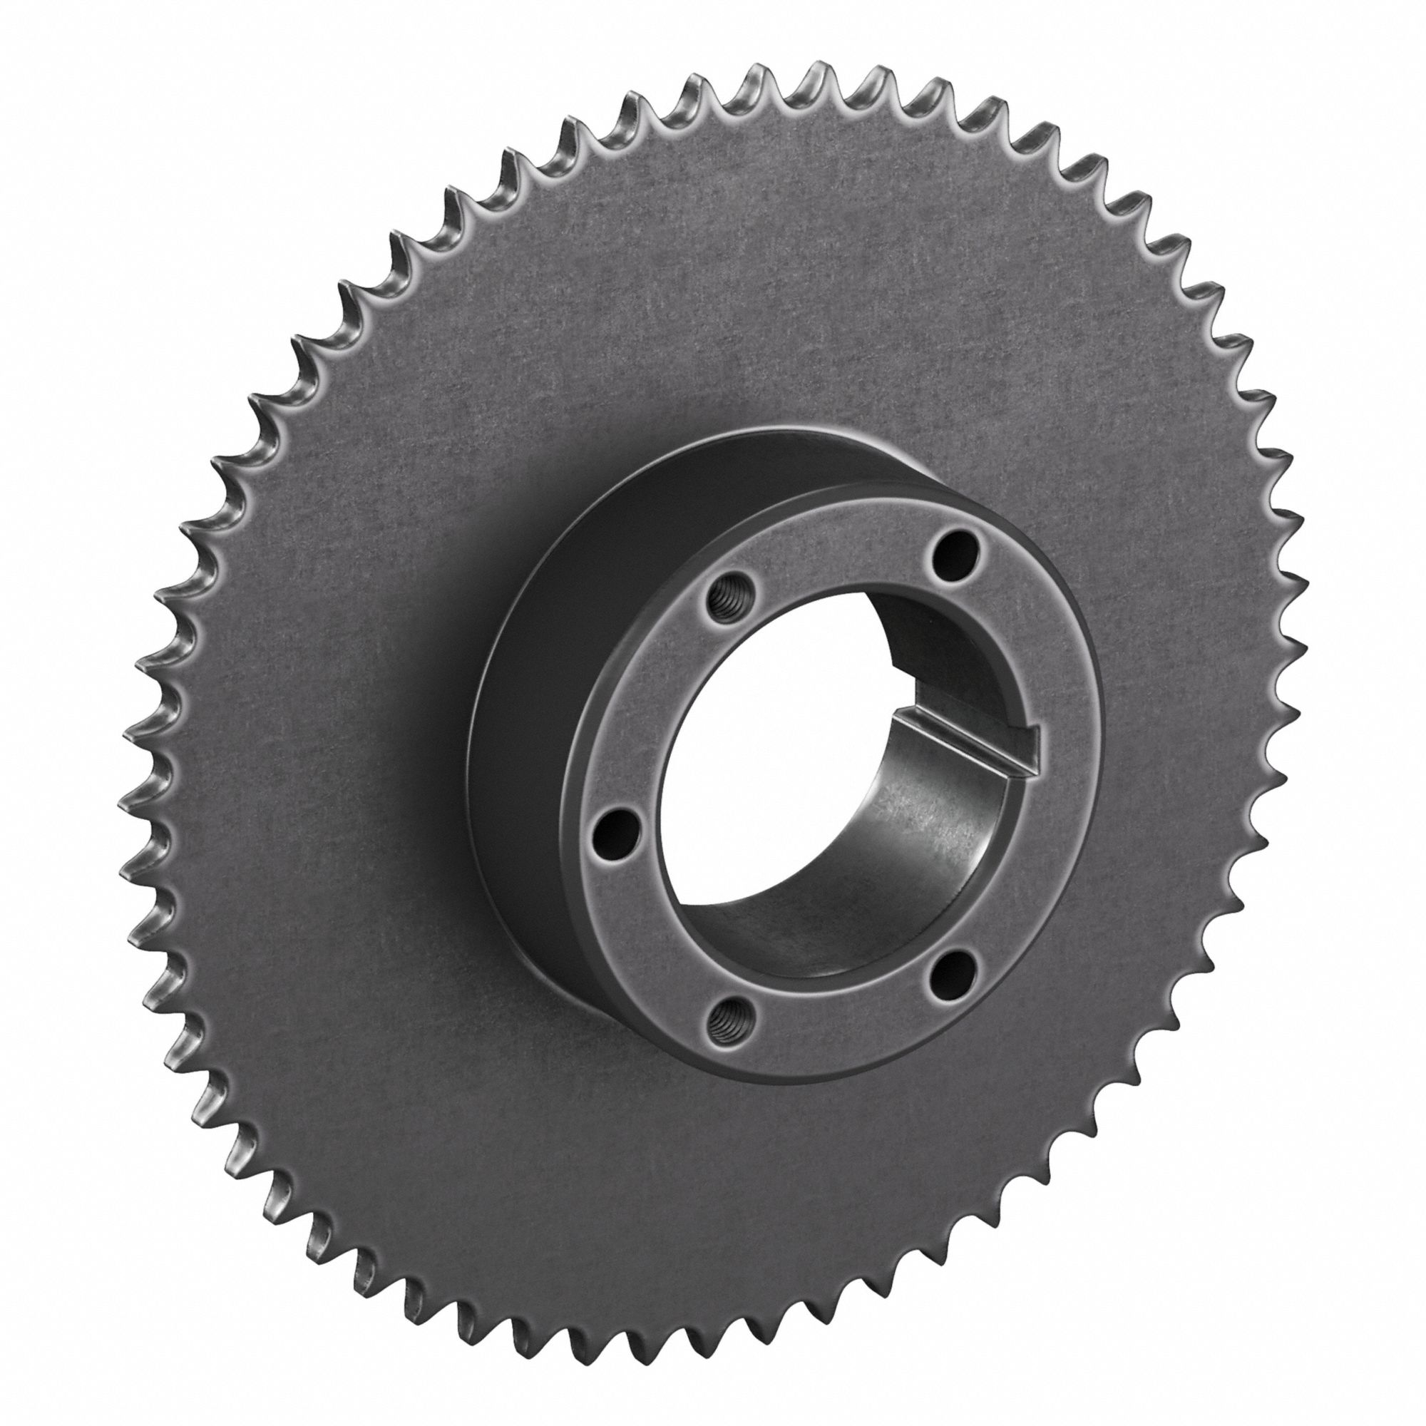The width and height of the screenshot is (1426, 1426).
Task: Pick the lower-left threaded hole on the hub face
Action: (725, 1020)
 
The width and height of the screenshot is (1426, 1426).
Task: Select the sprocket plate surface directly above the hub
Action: (738, 295)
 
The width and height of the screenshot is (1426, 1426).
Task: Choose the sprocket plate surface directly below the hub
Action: (738, 1218)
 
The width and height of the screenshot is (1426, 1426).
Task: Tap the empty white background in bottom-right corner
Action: (1365, 1365)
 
